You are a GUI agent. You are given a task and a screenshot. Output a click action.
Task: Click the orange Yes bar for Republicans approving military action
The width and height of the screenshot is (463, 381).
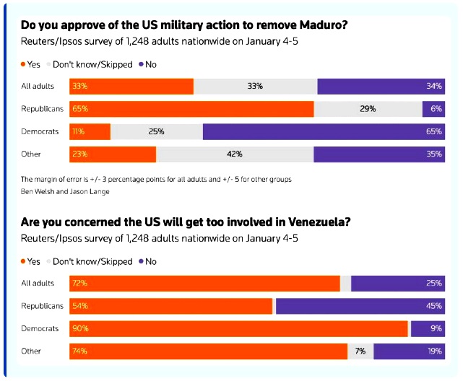191,109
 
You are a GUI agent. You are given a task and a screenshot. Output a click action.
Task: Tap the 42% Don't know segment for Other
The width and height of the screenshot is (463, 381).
235,154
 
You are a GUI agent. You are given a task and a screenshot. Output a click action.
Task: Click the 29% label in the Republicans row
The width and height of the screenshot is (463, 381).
368,109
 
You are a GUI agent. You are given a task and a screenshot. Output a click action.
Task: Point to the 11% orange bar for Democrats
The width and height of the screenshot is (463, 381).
90,131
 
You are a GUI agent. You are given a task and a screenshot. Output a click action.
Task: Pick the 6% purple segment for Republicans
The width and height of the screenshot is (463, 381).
433,109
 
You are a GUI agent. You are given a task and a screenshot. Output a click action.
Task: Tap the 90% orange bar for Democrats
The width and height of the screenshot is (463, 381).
238,328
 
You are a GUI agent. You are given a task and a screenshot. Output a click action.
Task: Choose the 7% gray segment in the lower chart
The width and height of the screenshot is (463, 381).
360,351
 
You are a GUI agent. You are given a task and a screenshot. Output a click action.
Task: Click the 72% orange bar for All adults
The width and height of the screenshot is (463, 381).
204,284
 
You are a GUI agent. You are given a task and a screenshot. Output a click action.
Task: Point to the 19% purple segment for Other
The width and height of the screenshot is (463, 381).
409,351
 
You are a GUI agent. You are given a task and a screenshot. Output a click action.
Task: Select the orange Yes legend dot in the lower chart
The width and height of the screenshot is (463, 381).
23,261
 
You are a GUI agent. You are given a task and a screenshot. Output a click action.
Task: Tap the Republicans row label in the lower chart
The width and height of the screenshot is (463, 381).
43,306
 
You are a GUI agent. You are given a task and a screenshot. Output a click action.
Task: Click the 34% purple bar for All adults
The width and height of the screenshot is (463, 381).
381,87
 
